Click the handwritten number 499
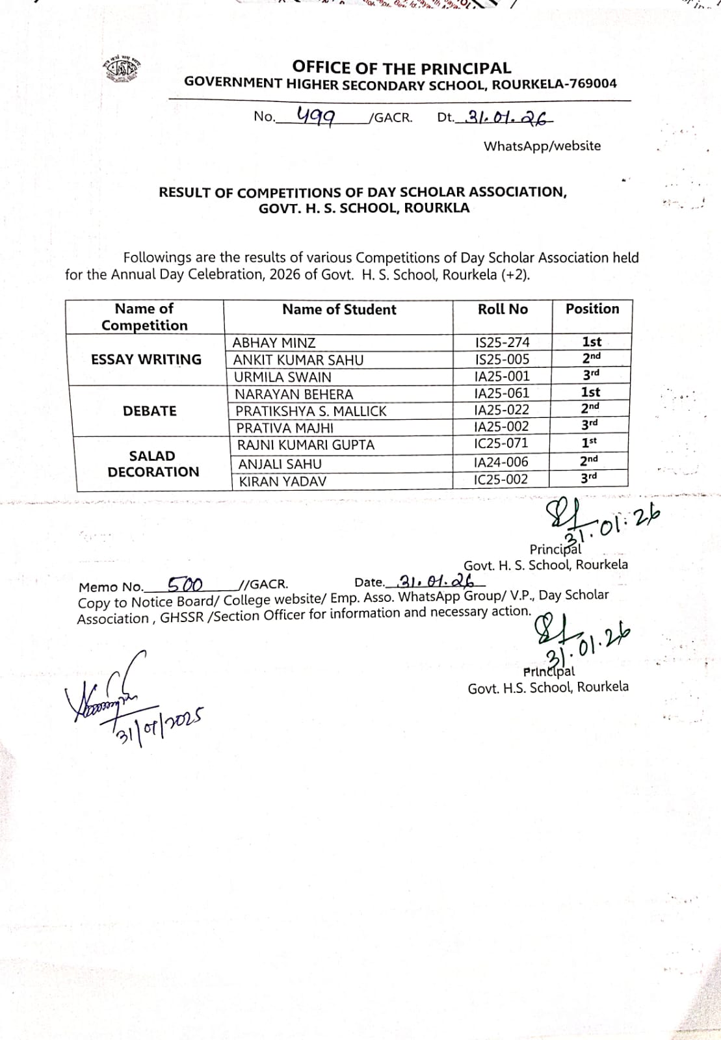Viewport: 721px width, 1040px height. pyautogui.click(x=315, y=116)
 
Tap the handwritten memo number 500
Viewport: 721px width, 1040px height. pyautogui.click(x=185, y=584)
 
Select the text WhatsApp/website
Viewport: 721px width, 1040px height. pyautogui.click(x=542, y=146)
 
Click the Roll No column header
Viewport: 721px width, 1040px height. pyautogui.click(x=503, y=309)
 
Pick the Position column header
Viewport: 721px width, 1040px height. pyautogui.click(x=592, y=309)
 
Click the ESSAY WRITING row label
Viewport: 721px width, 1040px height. pyautogui.click(x=146, y=359)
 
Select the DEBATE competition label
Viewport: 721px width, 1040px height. pyautogui.click(x=150, y=411)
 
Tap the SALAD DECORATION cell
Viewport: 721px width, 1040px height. pyautogui.click(x=153, y=463)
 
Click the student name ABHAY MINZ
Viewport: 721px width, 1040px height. pyautogui.click(x=274, y=343)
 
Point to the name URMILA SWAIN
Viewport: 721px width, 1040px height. pyautogui.click(x=282, y=377)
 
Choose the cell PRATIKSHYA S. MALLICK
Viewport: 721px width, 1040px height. pyautogui.click(x=311, y=411)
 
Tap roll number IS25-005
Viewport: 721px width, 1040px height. pyautogui.click(x=502, y=359)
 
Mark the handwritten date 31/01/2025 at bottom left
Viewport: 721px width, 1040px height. pyautogui.click(x=160, y=722)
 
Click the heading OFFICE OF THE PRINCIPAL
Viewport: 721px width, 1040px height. pyautogui.click(x=401, y=68)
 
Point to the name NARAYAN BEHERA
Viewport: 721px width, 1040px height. pyautogui.click(x=294, y=395)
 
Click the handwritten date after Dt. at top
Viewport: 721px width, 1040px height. pyautogui.click(x=505, y=118)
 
